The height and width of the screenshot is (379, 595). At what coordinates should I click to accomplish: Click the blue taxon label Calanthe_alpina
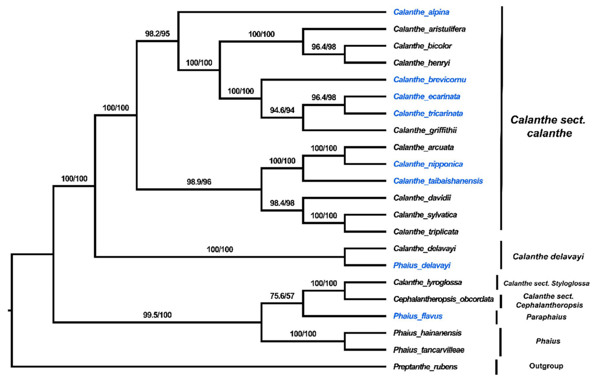click(x=421, y=12)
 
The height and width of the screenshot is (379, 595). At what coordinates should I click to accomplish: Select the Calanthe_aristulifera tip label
click(x=429, y=29)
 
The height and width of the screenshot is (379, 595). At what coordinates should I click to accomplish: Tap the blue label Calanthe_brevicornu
click(x=430, y=80)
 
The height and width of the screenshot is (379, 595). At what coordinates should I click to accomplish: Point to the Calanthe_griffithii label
click(x=425, y=130)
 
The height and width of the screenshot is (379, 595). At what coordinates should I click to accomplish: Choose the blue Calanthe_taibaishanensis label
click(x=438, y=181)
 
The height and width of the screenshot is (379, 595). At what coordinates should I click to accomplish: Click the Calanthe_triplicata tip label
click(x=426, y=232)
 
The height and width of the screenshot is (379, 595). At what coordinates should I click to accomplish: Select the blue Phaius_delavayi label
click(x=421, y=266)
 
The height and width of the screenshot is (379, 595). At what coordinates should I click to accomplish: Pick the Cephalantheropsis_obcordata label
click(x=443, y=299)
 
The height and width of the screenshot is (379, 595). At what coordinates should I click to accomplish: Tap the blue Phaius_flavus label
click(x=417, y=316)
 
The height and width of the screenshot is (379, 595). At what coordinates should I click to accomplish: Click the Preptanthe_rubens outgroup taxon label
click(x=425, y=367)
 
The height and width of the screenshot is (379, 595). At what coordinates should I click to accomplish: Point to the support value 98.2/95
click(x=157, y=34)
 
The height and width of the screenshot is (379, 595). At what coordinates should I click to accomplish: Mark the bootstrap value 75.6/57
click(x=282, y=296)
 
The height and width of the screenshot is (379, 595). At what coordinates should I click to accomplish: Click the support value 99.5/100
click(x=157, y=315)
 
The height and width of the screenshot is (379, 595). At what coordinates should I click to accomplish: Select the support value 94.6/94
click(x=282, y=110)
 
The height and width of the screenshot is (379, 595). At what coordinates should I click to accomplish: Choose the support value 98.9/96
click(x=199, y=182)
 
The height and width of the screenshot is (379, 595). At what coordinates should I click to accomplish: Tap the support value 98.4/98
click(x=282, y=203)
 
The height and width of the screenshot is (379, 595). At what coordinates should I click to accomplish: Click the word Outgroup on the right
click(x=546, y=366)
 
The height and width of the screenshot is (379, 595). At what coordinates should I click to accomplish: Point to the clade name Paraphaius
click(x=546, y=317)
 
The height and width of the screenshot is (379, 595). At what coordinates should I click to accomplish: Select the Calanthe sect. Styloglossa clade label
click(x=546, y=283)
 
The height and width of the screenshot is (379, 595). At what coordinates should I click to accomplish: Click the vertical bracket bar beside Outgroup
click(x=496, y=367)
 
